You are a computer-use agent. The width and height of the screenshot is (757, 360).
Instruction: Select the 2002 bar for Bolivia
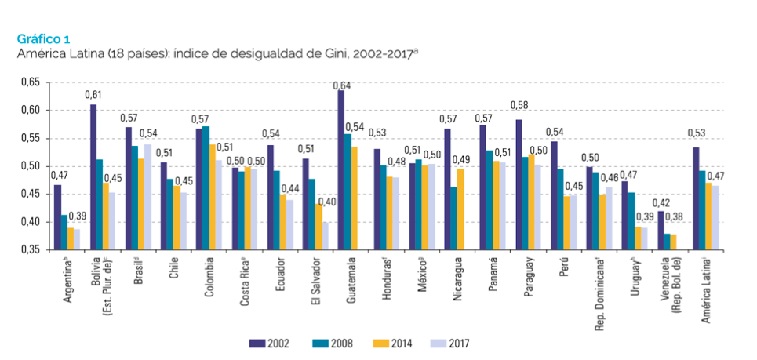93,176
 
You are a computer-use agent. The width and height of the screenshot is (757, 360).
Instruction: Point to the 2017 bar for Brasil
147,196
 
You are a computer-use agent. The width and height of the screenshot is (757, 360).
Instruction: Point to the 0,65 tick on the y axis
29,82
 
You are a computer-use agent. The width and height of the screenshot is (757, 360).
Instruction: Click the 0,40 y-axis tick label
29,222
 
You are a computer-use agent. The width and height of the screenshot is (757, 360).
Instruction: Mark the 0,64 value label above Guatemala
341,84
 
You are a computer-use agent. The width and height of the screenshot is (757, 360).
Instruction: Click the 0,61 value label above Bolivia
93,94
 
